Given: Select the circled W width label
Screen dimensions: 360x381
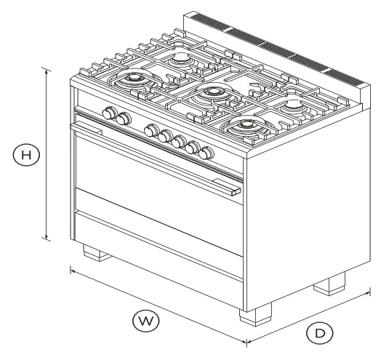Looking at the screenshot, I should pos(143,319).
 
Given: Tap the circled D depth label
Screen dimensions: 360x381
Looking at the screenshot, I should pos(318,332).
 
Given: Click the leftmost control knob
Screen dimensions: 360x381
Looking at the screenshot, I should pos(111,113).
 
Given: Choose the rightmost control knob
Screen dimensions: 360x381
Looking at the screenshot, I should pos(207,153).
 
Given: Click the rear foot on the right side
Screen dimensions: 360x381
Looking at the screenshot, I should pos(332,284).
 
